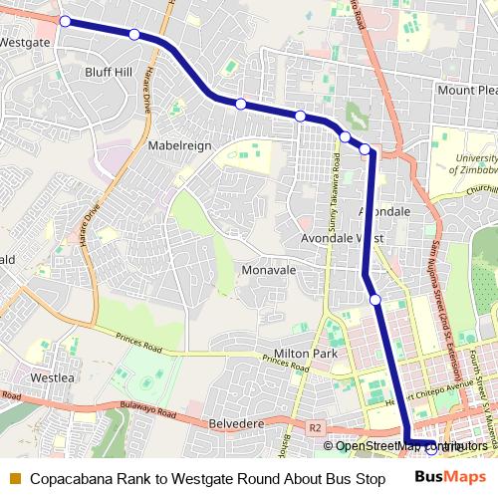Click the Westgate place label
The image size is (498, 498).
click(x=25, y=43)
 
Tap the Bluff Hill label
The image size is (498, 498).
click(x=109, y=72)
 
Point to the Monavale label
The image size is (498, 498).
click(x=268, y=270)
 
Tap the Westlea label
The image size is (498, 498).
click(x=53, y=378)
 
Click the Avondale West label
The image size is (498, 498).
click(x=343, y=239)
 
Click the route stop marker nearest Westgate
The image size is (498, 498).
click(x=65, y=21)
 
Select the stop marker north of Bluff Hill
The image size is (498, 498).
click(x=134, y=35)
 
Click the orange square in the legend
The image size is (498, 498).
click(x=15, y=479)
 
